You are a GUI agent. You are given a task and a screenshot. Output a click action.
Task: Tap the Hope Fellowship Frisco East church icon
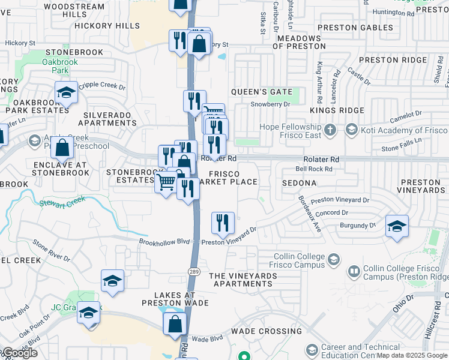[330, 130]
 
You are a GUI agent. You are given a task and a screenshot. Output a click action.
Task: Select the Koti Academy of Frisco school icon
[351, 130]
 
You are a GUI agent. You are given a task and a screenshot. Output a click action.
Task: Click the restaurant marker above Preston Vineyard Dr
[223, 223]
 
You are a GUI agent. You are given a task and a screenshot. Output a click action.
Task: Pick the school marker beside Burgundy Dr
[397, 226]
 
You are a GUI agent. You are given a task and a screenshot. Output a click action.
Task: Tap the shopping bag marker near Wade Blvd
[175, 324]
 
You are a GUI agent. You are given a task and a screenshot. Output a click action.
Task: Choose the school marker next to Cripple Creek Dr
[66, 92]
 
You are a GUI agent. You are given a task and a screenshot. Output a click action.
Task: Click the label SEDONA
[300, 182]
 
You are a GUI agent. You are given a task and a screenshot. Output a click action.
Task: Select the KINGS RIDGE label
[337, 110]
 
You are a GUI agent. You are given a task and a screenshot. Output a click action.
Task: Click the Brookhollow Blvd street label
[164, 241]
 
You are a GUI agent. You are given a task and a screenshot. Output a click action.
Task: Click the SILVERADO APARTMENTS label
[110, 119]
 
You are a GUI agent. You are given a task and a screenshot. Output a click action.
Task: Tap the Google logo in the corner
[19, 353]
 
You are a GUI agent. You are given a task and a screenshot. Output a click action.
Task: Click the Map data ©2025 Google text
[412, 355]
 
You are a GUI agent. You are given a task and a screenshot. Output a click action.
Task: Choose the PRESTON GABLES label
[355, 28]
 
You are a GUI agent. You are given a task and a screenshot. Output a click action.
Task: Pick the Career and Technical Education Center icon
[312, 350]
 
